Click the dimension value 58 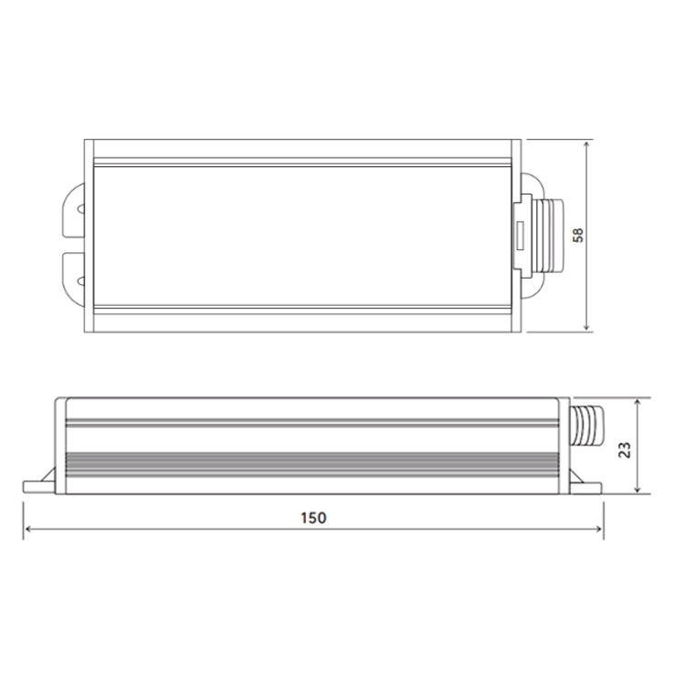click(577, 235)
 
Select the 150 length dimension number click(312, 517)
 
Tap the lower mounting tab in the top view click(74, 270)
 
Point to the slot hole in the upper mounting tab click(82, 209)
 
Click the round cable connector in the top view click(545, 235)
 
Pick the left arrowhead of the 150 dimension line click(27, 529)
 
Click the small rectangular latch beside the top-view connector click(516, 236)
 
